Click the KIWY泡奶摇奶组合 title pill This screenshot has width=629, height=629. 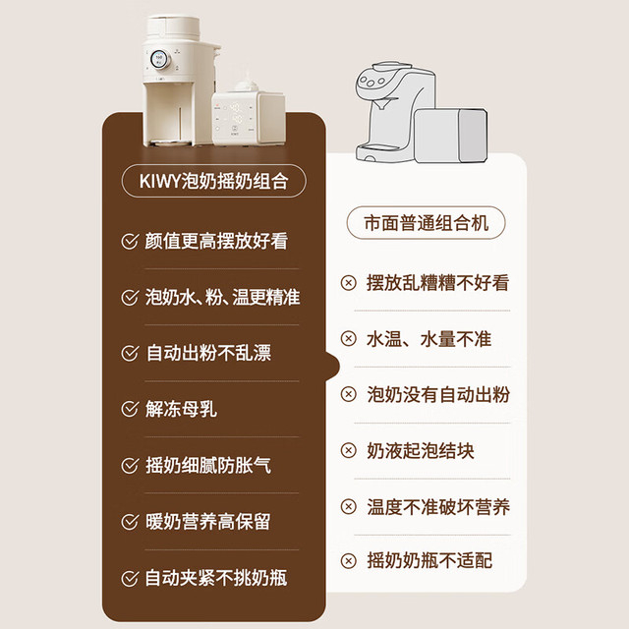point(214,181)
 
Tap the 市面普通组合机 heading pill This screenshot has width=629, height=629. point(426,223)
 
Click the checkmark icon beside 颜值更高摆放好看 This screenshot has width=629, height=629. point(130,241)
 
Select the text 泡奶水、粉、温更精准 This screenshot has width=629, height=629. point(222,297)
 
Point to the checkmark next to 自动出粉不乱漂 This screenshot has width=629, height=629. point(130,353)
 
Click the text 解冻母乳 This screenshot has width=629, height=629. point(181,409)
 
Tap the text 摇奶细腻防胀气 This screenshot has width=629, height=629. point(207,465)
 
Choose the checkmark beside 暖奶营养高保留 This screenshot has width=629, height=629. point(130,522)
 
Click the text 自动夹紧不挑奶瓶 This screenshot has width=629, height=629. point(216,578)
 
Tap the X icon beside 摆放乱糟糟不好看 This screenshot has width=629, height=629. point(348,283)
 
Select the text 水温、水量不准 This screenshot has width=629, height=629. point(429,339)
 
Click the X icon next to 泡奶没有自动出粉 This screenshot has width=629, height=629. point(348,394)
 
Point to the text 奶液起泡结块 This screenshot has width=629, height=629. point(420,450)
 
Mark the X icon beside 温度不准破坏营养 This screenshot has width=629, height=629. point(348,506)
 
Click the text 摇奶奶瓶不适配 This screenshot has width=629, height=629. point(429,560)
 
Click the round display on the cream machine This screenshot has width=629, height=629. point(159,59)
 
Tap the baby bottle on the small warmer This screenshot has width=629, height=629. point(246,86)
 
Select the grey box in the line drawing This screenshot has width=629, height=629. point(451,136)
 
